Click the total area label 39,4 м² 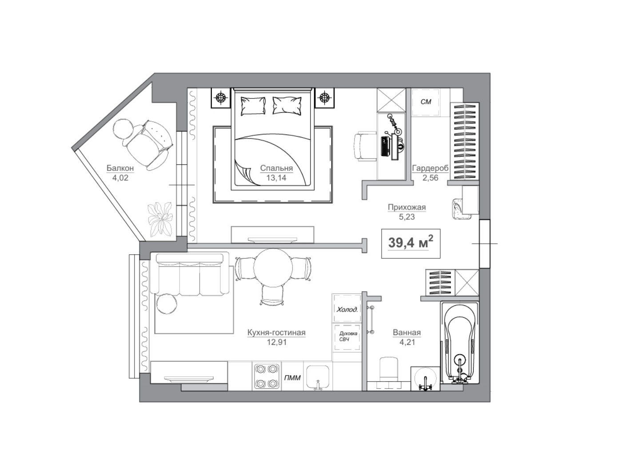coord(411,242)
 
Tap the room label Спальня coord(276,168)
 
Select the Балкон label coord(120,168)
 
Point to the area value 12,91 coord(277,342)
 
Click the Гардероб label coord(430,169)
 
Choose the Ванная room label coord(407,332)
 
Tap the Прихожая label coord(407,207)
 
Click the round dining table coord(273,268)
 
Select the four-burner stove coord(267,377)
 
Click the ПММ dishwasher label coord(292,378)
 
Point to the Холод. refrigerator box coord(347,308)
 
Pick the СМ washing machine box coord(426,102)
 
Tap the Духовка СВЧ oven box coord(347,337)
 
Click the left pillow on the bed coord(253,106)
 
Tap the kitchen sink coord(318,378)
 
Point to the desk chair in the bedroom coord(364,146)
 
